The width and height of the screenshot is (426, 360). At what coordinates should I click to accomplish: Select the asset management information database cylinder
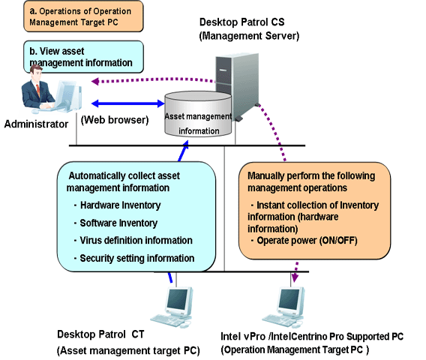[198, 113]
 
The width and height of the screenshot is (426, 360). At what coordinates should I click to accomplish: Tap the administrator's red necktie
[38, 90]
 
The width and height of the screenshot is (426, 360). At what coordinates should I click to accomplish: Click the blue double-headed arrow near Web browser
[128, 103]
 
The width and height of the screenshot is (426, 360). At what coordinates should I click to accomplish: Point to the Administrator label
[36, 124]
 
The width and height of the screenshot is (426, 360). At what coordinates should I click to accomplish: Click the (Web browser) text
[115, 120]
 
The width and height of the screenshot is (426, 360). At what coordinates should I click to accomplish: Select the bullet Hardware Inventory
[117, 205]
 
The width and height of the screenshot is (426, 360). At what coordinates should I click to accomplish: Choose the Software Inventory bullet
[115, 223]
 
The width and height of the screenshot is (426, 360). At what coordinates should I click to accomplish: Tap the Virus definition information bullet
[133, 241]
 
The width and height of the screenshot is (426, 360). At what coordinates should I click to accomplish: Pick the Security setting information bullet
[134, 258]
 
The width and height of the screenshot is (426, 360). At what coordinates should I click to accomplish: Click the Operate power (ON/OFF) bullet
[304, 241]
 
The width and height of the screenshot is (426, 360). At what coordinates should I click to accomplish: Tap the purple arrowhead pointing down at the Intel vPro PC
[295, 278]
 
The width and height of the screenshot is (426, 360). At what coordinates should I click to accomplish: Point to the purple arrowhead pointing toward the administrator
[95, 81]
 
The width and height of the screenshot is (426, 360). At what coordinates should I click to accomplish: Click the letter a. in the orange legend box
[33, 10]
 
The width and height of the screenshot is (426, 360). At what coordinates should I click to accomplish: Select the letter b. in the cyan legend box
[33, 51]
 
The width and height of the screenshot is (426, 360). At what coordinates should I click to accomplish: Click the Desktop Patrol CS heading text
[241, 22]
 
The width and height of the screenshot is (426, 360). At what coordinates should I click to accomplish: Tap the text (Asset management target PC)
[128, 350]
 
